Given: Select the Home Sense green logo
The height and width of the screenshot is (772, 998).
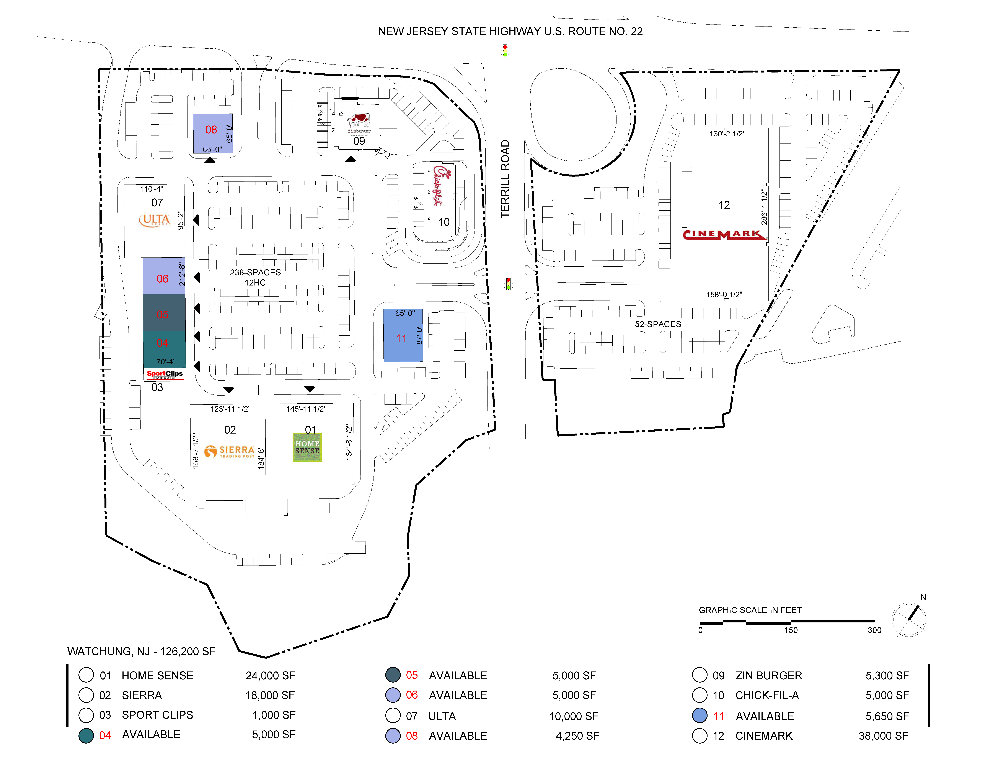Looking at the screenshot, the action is tap(307, 447).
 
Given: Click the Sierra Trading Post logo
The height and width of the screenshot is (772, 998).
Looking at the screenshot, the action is tap(229, 451).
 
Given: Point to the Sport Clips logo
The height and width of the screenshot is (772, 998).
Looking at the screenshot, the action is tap(165, 374).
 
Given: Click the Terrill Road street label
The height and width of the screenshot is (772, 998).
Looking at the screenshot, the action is tap(504, 179).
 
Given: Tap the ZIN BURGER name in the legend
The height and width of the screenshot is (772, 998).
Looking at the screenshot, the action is tap(769, 675).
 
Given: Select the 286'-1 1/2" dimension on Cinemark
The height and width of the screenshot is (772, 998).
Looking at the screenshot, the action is tap(764, 207).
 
